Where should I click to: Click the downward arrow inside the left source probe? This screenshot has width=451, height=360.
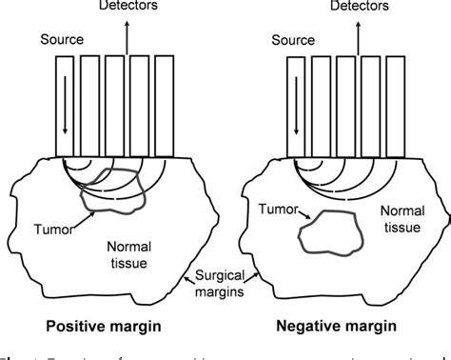tap(66, 114)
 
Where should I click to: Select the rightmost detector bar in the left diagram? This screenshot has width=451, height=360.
tap(164, 105)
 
